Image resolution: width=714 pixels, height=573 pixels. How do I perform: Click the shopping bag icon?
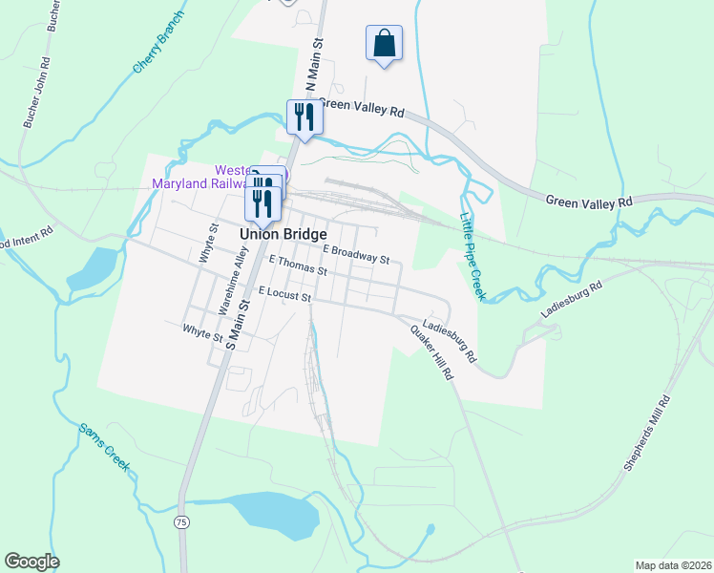383,43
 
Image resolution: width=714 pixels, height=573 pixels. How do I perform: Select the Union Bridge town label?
283,234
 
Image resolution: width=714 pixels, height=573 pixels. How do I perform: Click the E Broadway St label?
356,253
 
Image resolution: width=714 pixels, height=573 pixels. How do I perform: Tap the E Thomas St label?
298,265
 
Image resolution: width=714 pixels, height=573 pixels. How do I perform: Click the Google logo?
31,562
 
